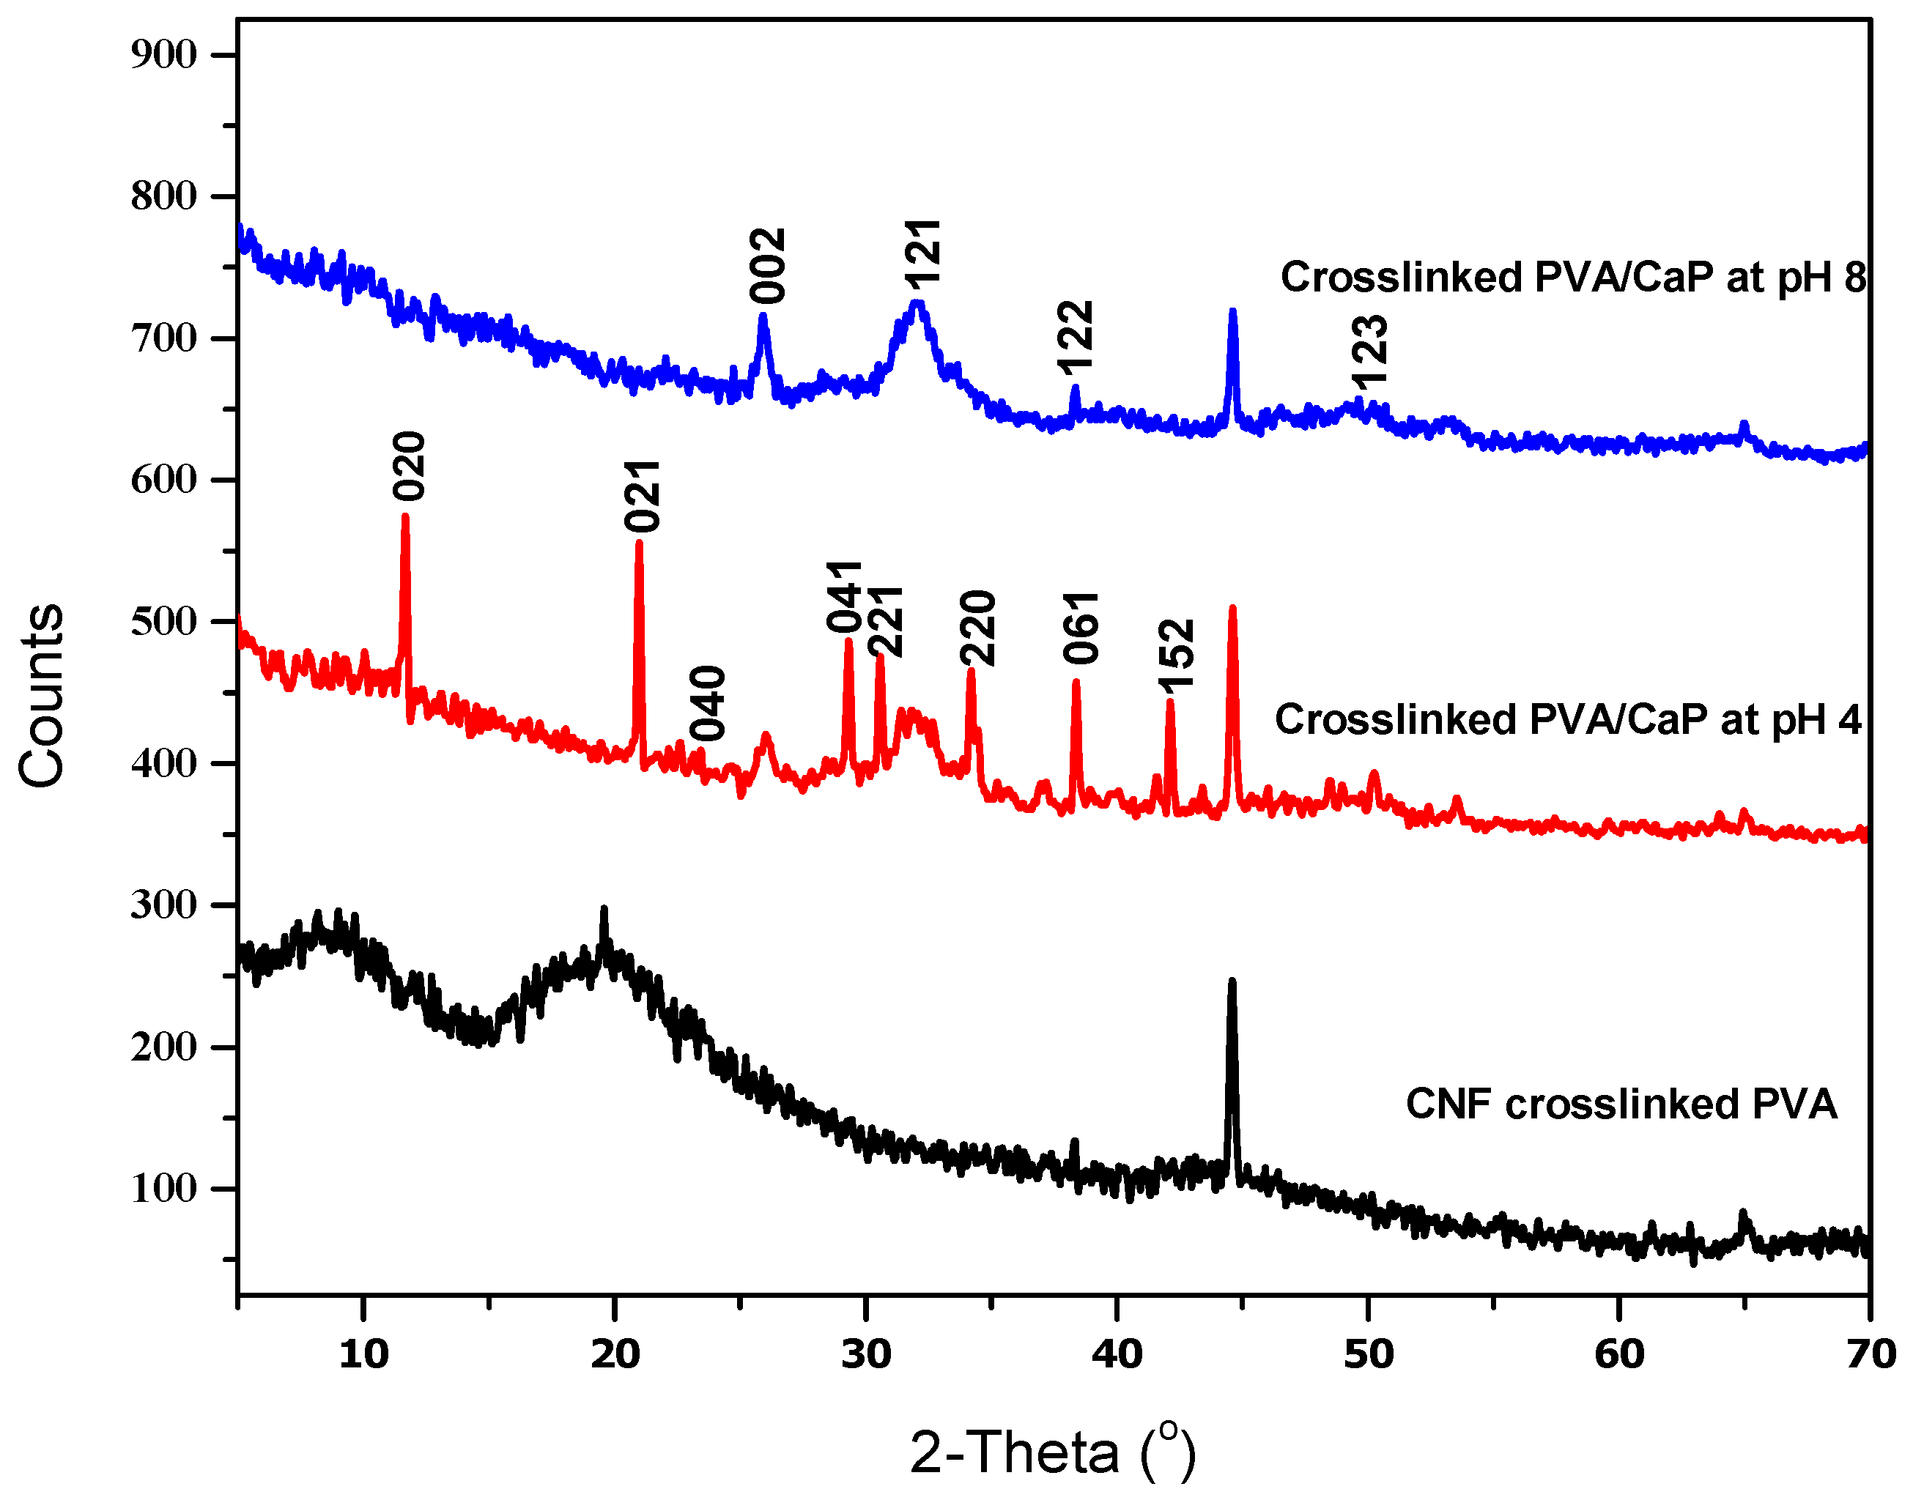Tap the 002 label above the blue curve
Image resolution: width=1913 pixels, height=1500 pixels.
[x=768, y=266]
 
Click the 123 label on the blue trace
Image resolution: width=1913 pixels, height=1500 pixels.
[x=1369, y=352]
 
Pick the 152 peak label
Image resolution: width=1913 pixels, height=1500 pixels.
[x=1177, y=656]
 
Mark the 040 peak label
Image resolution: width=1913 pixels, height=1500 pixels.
[x=708, y=703]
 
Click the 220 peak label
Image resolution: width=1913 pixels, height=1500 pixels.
[x=977, y=629]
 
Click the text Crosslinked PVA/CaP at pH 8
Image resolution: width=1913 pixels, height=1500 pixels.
[x=1572, y=278]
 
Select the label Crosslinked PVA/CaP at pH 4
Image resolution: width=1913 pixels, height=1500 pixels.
[x=1568, y=720]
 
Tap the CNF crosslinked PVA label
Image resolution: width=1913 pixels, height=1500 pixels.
[x=1621, y=1104]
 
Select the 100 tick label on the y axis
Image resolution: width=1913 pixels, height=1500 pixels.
[x=163, y=1189]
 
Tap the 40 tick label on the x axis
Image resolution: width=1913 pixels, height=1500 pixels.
[x=1117, y=1355]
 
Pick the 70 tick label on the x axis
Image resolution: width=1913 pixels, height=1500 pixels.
[x=1870, y=1355]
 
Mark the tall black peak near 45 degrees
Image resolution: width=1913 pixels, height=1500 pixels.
[x=1232, y=982]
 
